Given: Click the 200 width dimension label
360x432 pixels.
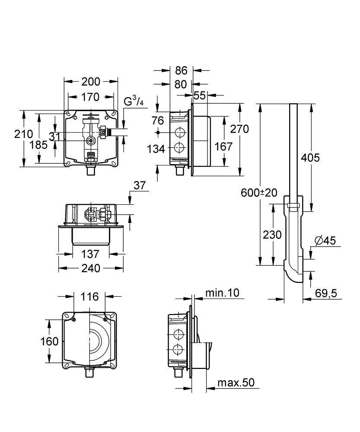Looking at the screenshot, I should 91,81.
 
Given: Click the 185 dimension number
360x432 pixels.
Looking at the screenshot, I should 39,145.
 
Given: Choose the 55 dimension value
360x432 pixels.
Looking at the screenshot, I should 199,96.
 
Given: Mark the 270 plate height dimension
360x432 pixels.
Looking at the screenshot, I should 239,129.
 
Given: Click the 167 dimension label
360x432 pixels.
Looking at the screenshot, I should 224,146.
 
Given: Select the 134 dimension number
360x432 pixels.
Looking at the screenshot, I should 156,149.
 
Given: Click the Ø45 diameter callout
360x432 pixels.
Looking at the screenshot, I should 325,241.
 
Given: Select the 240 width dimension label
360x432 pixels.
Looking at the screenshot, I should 91,268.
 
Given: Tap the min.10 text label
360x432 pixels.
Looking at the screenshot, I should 222,293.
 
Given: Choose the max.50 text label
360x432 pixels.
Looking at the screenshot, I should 236,382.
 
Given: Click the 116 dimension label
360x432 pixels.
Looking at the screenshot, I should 89,296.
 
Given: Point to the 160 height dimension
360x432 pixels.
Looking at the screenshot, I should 50,341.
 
